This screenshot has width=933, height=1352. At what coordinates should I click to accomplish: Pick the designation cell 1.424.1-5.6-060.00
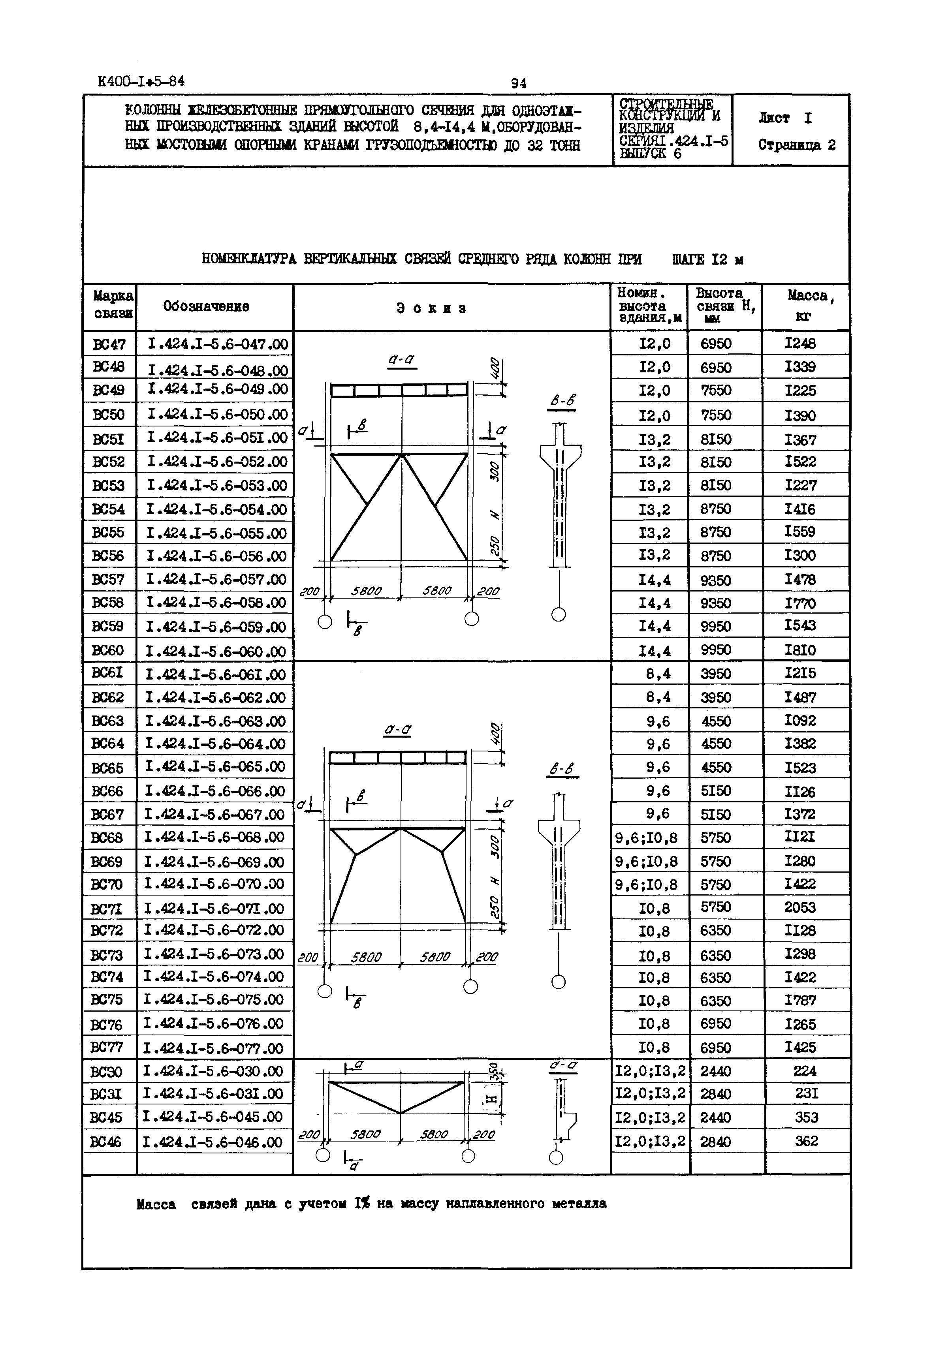coord(215,651)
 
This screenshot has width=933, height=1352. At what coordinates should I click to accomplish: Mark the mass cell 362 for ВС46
coord(806,1141)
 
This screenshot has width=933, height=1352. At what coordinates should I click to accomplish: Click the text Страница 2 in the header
coord(797,145)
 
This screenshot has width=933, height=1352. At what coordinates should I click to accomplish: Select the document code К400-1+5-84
coord(141,81)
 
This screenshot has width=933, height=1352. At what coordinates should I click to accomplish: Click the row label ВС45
coord(106,1118)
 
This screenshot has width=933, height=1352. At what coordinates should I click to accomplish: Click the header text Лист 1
coord(785,118)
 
